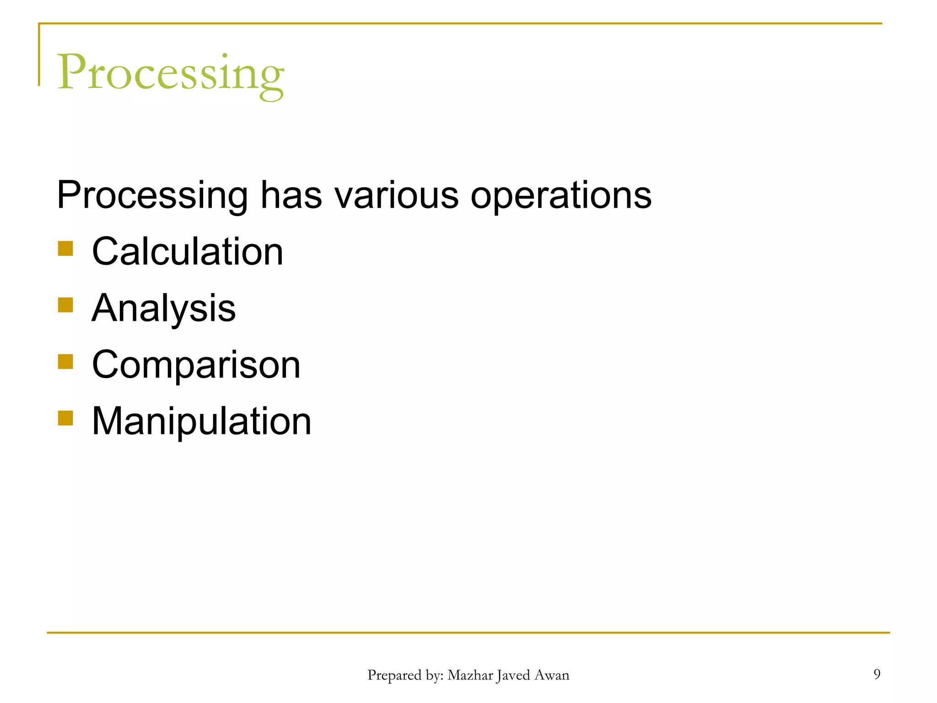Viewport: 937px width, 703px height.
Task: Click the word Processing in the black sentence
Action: tap(152, 196)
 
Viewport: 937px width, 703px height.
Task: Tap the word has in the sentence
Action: tap(291, 196)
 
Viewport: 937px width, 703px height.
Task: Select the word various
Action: tap(396, 196)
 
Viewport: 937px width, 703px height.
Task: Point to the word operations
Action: tap(561, 196)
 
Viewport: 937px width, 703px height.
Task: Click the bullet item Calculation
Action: tap(188, 252)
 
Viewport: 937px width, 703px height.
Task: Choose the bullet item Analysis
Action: tap(164, 308)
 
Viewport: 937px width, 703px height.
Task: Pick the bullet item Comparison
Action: tap(196, 365)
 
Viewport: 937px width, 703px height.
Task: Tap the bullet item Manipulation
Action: tap(201, 421)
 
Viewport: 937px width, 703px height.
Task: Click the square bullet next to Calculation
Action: tap(65, 249)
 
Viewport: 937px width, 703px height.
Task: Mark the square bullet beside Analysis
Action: tap(65, 305)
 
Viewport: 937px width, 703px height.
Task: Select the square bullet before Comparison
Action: tap(65, 362)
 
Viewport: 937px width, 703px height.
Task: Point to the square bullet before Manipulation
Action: tap(65, 418)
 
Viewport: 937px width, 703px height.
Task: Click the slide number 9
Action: tap(877, 674)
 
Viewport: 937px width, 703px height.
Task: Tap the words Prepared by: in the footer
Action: tap(405, 676)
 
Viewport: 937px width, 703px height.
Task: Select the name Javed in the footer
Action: tap(513, 676)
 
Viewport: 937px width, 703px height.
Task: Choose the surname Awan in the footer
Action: tap(552, 675)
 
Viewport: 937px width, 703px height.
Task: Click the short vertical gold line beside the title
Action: tap(39, 55)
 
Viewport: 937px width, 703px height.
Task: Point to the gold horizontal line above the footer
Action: tap(468, 633)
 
